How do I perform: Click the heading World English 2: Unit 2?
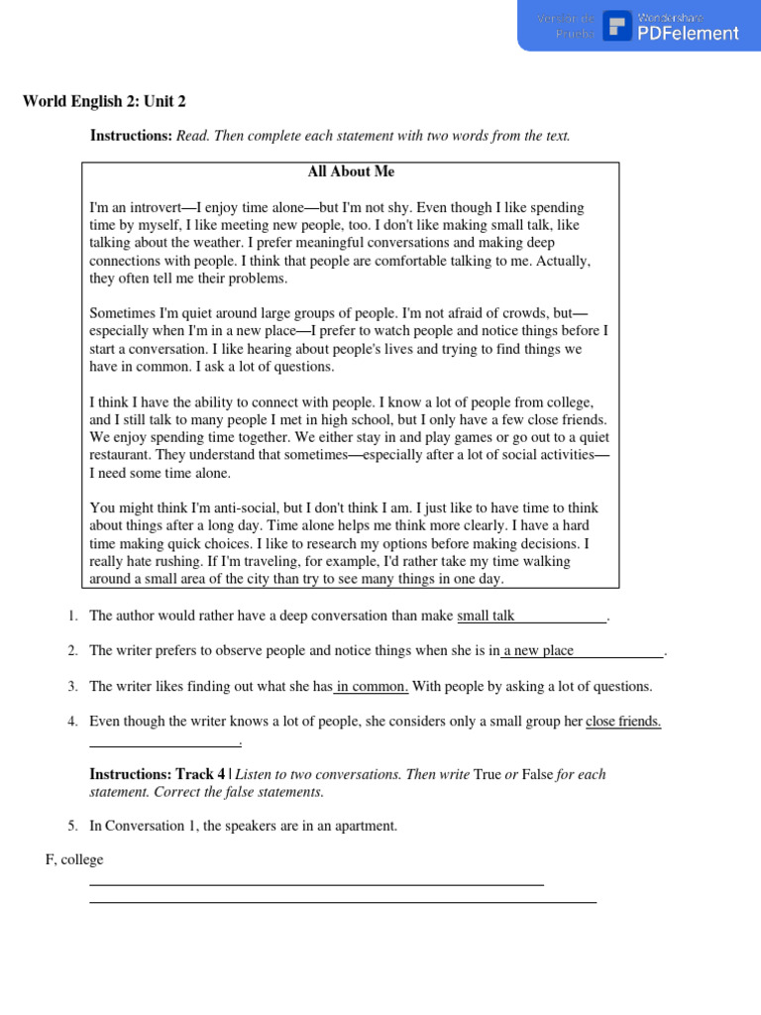(104, 101)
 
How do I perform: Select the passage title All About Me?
(351, 171)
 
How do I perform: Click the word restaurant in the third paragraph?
(124, 455)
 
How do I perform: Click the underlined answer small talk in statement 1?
(486, 617)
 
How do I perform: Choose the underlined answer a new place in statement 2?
(538, 651)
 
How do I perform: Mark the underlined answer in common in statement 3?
(372, 686)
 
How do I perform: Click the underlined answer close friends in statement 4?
(623, 722)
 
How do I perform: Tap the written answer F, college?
(74, 860)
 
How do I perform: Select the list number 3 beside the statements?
(73, 686)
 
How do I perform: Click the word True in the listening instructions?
(488, 774)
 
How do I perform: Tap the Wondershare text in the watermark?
(671, 18)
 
